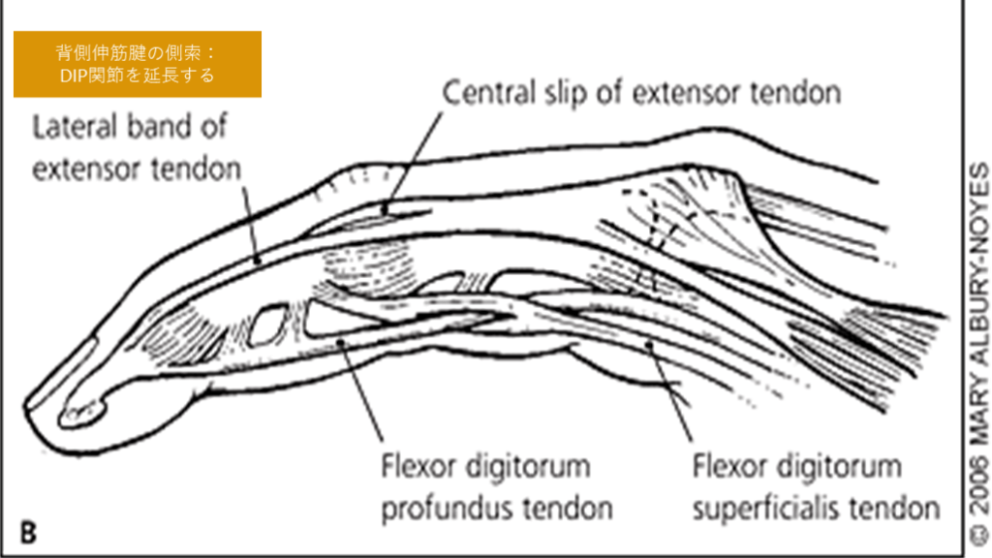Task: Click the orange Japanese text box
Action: [x=137, y=64]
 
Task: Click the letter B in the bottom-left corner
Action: [x=28, y=531]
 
